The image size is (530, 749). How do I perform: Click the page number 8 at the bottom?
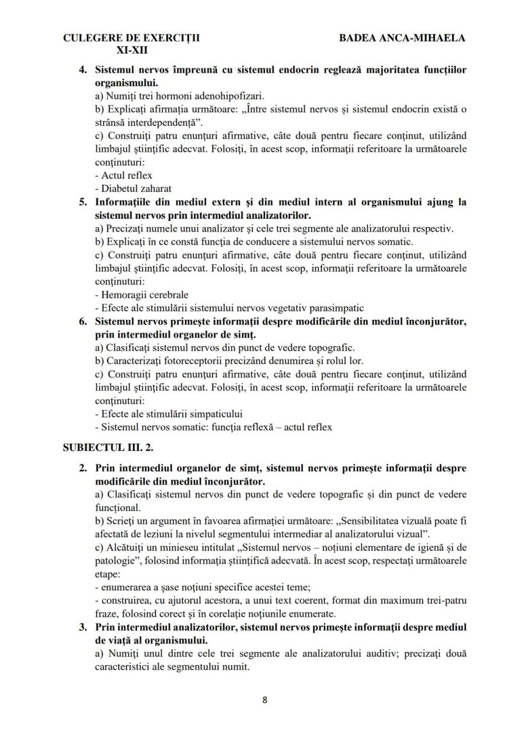(x=265, y=699)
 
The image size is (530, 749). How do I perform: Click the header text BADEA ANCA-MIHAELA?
(x=402, y=38)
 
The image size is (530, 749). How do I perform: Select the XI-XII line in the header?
(x=131, y=49)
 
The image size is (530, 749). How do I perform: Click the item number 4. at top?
(x=83, y=69)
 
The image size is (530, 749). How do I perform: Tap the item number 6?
(x=83, y=321)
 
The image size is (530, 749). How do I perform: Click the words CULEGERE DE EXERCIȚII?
(x=131, y=38)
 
